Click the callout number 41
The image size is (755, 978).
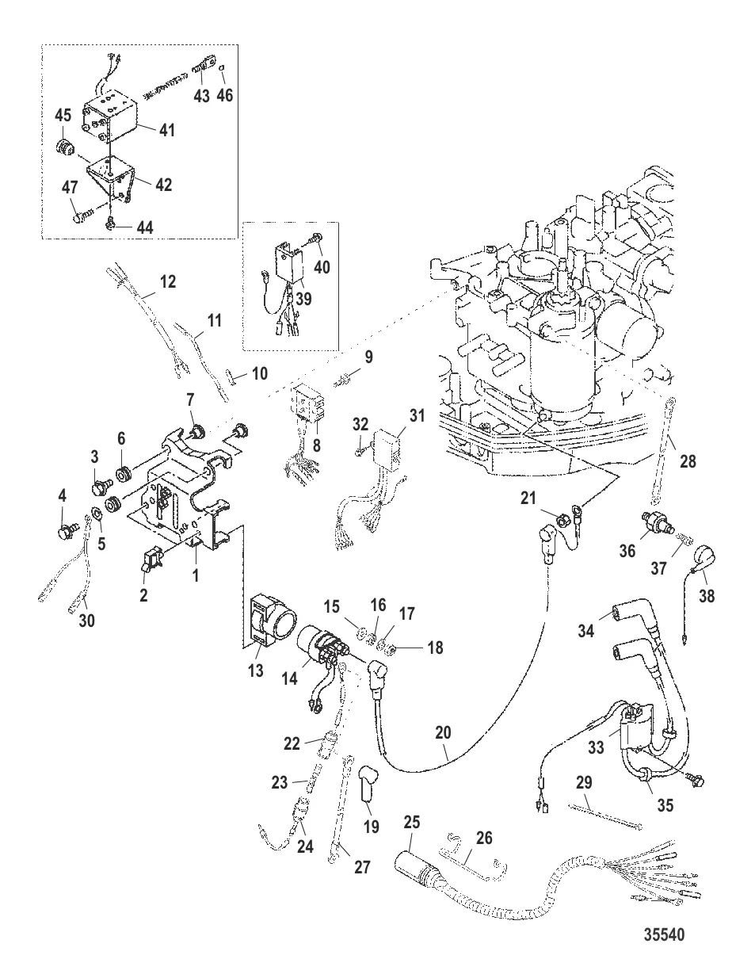pyautogui.click(x=167, y=130)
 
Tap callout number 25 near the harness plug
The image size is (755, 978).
pyautogui.click(x=412, y=823)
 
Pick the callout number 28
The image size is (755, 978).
pyautogui.click(x=688, y=459)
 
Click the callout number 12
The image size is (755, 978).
pyautogui.click(x=168, y=281)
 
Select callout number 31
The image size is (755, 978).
pyautogui.click(x=417, y=415)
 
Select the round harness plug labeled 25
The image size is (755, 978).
pyautogui.click(x=415, y=865)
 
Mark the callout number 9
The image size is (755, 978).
pyautogui.click(x=368, y=357)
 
